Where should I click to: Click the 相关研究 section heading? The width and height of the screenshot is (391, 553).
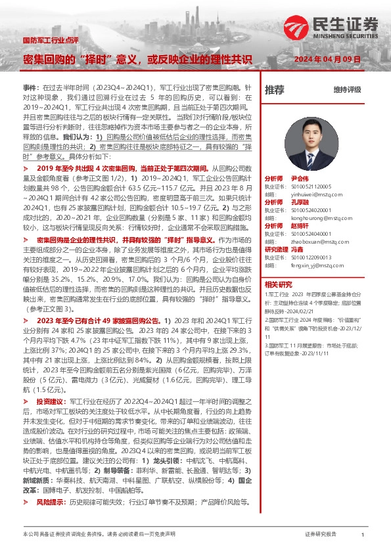278,284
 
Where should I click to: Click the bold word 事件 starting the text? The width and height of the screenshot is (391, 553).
30,87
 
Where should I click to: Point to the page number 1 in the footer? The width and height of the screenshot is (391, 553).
363,535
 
